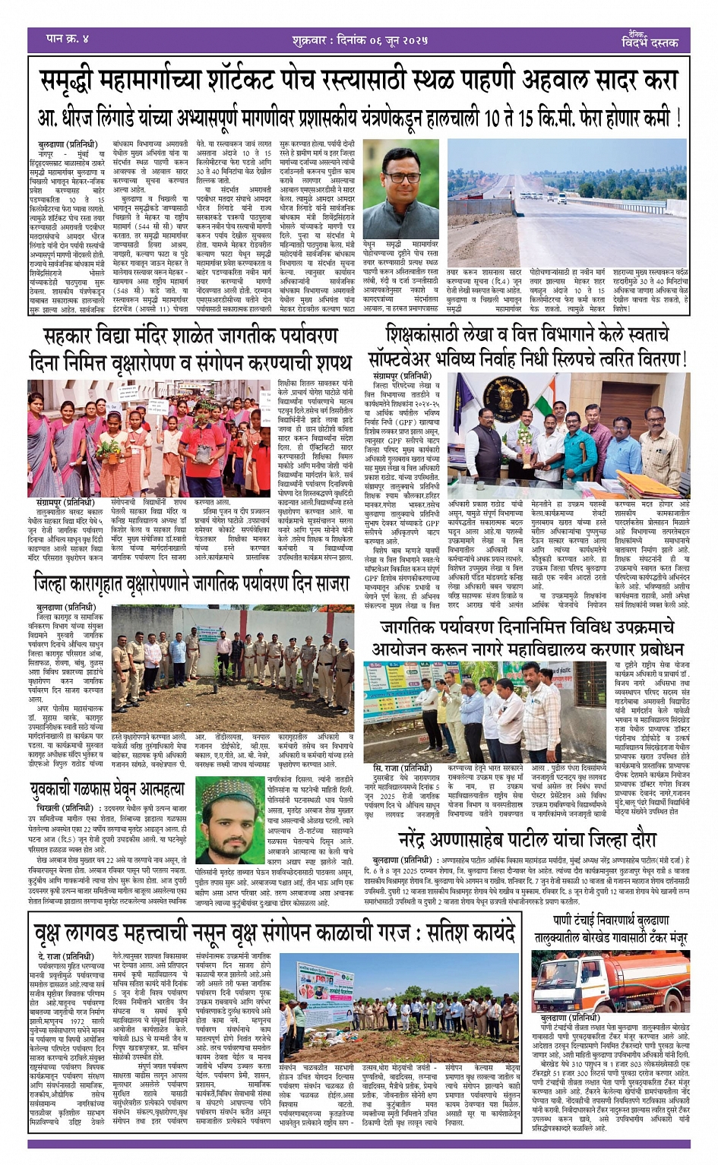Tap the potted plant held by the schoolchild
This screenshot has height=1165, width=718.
(182, 449)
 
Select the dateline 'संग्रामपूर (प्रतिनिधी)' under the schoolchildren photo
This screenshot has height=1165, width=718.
(65, 502)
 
